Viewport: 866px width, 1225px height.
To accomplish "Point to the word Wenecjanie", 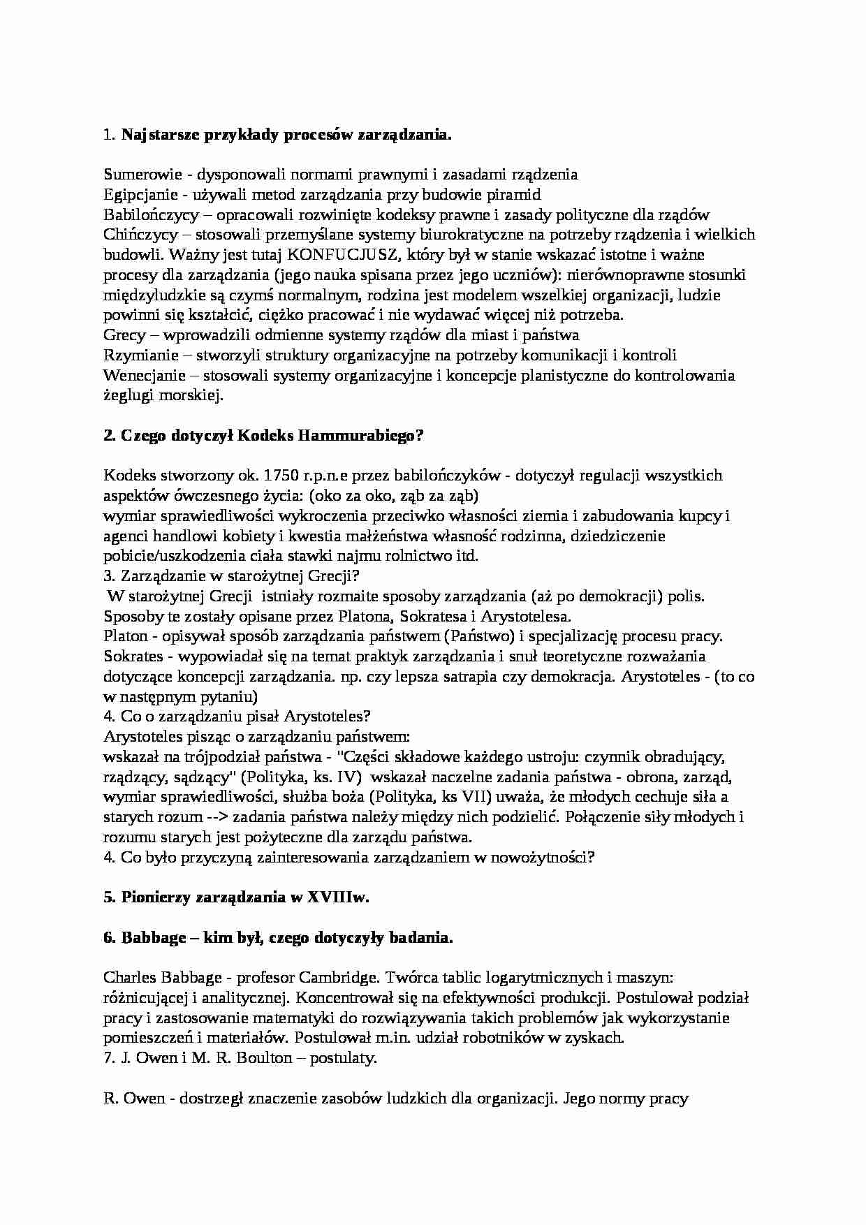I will click(x=144, y=376).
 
